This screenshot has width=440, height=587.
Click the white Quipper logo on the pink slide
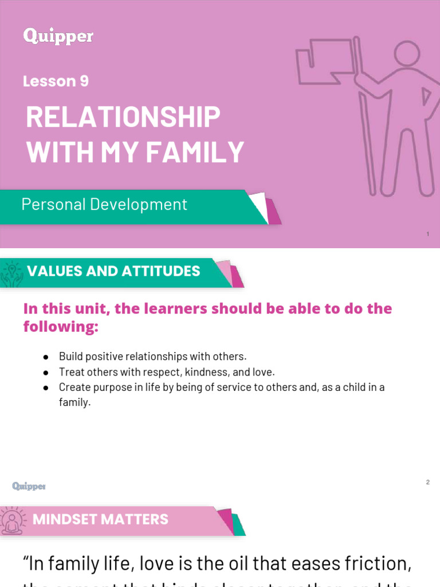58,37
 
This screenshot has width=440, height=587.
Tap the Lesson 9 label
56,81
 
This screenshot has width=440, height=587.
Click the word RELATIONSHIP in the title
123,118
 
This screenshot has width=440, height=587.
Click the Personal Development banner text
104,204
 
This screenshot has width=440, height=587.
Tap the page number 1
428,234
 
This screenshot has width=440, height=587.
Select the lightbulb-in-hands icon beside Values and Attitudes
11,273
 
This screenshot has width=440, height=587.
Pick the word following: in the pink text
61,327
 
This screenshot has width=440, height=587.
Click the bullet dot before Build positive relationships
45,357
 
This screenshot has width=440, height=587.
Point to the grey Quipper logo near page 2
29,486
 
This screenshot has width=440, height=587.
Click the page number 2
427,482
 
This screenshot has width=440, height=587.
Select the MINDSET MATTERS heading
100,520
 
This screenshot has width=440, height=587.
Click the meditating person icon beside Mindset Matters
11,521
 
